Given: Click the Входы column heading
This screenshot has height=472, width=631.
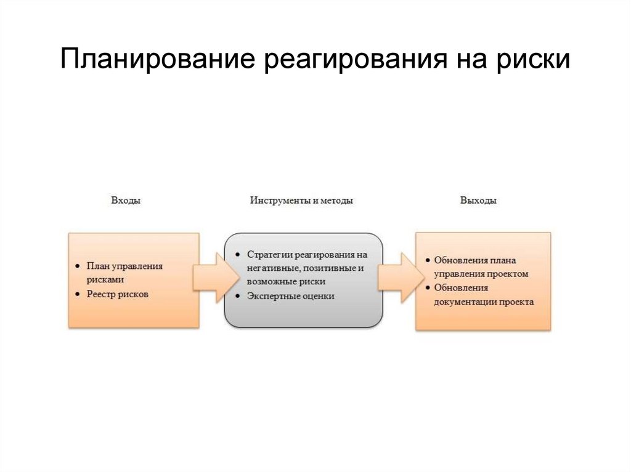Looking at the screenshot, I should (126, 201).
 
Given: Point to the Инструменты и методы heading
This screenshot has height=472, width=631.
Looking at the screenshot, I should (301, 201).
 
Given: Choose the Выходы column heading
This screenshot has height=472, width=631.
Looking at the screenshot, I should (478, 201).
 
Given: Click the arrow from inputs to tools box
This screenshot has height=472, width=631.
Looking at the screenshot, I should (213, 277).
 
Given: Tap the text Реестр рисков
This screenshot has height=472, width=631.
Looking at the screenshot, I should (118, 294).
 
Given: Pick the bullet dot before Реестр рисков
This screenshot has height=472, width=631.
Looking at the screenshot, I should (76, 294).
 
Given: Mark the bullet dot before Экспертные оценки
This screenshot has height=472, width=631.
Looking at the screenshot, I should (237, 296).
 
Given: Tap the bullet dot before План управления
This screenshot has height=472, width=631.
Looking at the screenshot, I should (76, 266).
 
